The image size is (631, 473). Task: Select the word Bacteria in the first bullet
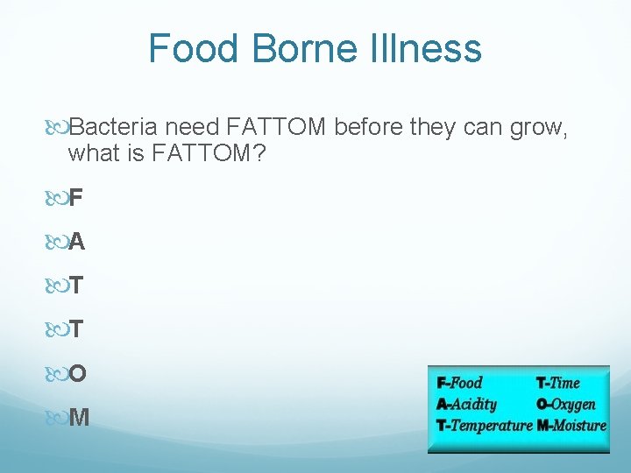point(111,129)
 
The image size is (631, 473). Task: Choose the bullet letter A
point(76,242)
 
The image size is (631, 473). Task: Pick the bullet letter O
point(77,373)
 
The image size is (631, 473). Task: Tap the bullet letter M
point(78,417)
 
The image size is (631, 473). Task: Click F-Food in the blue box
point(459,383)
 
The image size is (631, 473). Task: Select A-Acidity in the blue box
point(466,404)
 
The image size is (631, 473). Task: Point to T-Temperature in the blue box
point(483,426)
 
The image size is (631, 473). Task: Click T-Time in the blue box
point(557,383)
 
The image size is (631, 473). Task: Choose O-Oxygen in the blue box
point(565,404)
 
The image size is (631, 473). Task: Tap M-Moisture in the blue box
point(571,426)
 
